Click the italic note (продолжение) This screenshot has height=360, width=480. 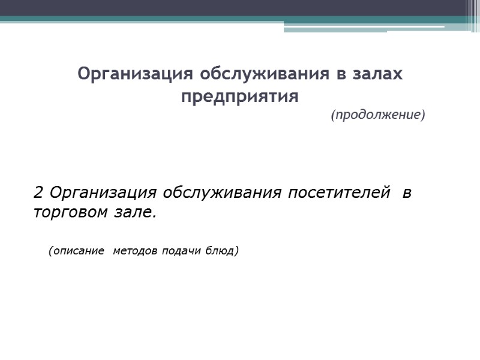[x=377, y=115]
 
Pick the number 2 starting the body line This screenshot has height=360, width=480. [x=38, y=193]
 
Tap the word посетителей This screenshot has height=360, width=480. [x=337, y=193]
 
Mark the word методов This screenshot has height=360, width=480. [x=136, y=251]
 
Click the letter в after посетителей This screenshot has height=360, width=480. [x=407, y=193]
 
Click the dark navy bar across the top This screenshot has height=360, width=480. [x=240, y=8]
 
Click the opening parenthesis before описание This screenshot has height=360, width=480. [x=50, y=251]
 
